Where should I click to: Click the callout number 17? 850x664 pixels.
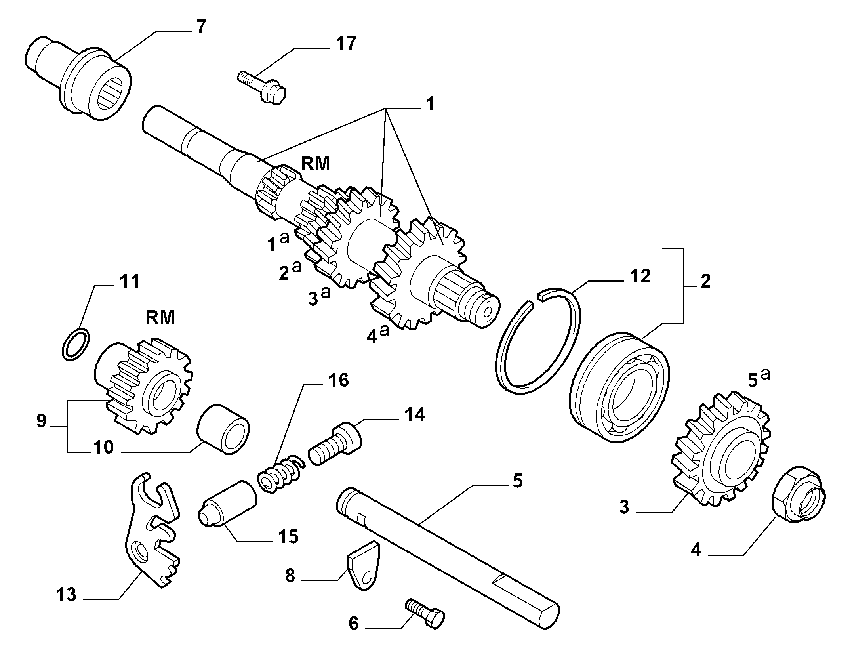pos(346,44)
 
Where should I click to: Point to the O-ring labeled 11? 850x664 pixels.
pos(76,344)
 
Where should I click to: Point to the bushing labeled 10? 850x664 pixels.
pos(224,429)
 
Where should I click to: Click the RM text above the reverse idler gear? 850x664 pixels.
pos(160,317)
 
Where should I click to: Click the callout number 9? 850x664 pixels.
pos(42,421)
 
